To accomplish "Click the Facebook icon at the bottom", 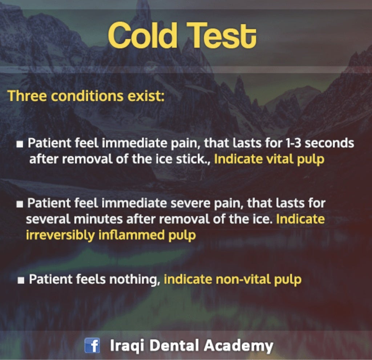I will [92, 345].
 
